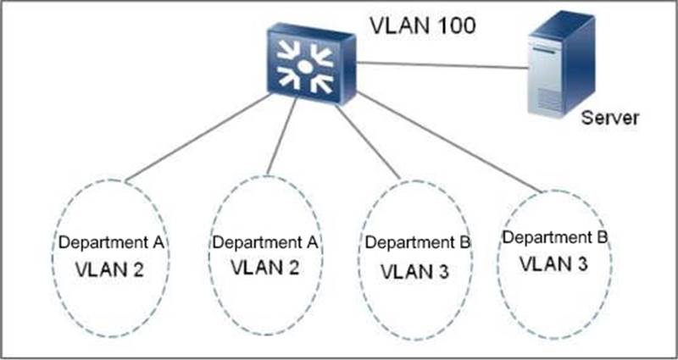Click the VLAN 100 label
pyautogui.click(x=422, y=26)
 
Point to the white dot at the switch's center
pyautogui.click(x=304, y=67)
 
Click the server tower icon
pyautogui.click(x=562, y=64)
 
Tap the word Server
pyautogui.click(x=609, y=118)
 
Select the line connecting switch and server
pyautogui.click(x=442, y=65)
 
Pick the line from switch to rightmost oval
pyautogui.click(x=449, y=141)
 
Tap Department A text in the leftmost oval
pyautogui.click(x=111, y=242)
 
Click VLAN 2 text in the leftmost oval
pyautogui.click(x=109, y=270)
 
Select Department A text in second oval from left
pyautogui.click(x=265, y=242)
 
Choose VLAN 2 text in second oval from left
pyautogui.click(x=264, y=268)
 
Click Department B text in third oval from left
pyautogui.click(x=417, y=242)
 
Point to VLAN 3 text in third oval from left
pyautogui.click(x=414, y=272)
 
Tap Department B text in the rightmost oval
pyautogui.click(x=555, y=237)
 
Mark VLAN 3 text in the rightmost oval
pyautogui.click(x=553, y=263)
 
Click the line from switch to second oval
pyautogui.click(x=282, y=136)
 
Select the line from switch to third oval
pyautogui.click(x=368, y=141)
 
